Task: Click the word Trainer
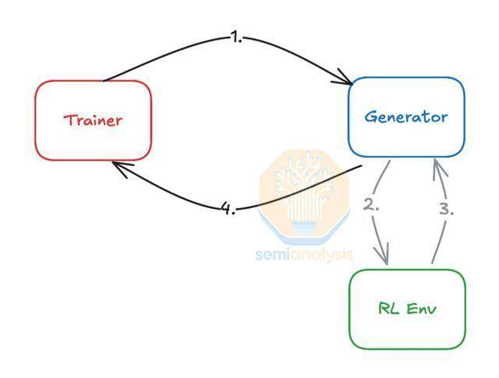(x=93, y=120)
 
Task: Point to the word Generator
(x=406, y=117)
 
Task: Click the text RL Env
(x=407, y=309)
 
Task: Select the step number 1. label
(x=236, y=38)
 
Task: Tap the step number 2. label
(x=371, y=205)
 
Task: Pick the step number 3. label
(x=447, y=210)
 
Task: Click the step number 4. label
(x=228, y=209)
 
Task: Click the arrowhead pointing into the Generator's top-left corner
(x=345, y=79)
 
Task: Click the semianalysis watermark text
(x=305, y=255)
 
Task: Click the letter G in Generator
(x=370, y=117)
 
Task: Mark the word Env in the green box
(x=421, y=309)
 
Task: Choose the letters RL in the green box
(x=388, y=309)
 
